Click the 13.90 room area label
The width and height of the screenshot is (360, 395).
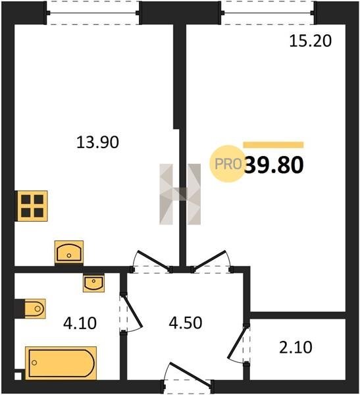click(97, 142)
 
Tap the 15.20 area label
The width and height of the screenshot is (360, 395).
click(310, 41)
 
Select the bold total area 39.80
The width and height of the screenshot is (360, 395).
click(274, 165)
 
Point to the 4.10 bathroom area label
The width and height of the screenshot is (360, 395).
click(80, 323)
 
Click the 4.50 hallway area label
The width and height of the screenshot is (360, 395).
click(186, 323)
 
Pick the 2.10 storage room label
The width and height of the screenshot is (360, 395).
click(296, 347)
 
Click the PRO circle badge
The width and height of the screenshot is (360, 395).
click(228, 164)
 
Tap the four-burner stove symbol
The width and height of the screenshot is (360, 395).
click(32, 206)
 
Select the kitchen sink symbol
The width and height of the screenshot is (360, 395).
click(69, 252)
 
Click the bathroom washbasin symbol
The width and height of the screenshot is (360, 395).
click(93, 283)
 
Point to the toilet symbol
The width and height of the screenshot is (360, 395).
click(35, 309)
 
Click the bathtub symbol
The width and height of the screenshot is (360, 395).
click(61, 363)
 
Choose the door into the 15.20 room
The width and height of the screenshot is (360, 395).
click(209, 261)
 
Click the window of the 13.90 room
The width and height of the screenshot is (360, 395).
click(93, 13)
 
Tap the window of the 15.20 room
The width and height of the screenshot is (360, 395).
click(268, 13)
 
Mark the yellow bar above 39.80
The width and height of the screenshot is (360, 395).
click(273, 145)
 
